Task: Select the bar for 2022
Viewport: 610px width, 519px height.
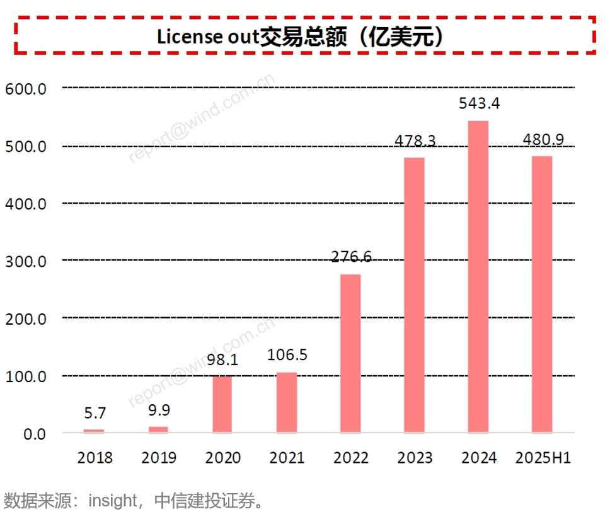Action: click(350, 353)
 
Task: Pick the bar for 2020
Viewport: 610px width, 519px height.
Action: click(222, 404)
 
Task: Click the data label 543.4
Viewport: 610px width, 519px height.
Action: click(479, 103)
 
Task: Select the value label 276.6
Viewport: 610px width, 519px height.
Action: click(351, 257)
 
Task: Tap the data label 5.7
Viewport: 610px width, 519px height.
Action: click(95, 414)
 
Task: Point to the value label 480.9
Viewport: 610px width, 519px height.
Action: click(544, 139)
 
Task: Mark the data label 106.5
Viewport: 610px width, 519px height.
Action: click(287, 355)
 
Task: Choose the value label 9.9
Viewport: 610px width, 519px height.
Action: click(159, 411)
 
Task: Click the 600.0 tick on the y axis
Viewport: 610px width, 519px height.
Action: click(25, 89)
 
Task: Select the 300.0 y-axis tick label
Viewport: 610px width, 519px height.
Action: click(25, 261)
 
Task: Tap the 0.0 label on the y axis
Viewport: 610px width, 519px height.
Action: click(31, 434)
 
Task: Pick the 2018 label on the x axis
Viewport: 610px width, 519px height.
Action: click(95, 458)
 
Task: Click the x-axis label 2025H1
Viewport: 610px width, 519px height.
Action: click(543, 458)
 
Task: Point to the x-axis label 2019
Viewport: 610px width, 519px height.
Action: click(159, 458)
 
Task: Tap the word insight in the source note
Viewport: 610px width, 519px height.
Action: click(112, 501)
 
